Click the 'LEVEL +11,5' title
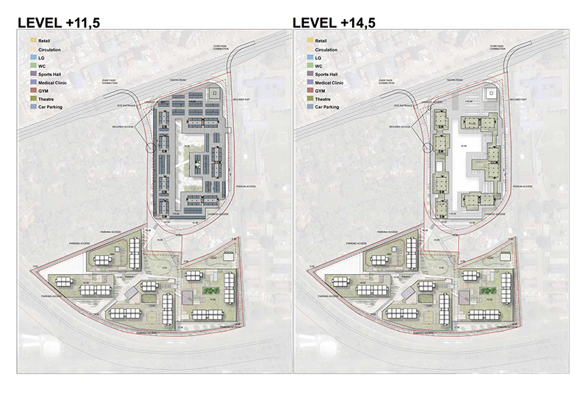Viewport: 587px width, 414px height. click(x=58, y=23)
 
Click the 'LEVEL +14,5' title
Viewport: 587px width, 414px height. click(x=335, y=23)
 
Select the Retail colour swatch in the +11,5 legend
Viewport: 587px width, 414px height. click(x=32, y=40)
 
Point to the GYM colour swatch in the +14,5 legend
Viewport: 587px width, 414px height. click(x=308, y=91)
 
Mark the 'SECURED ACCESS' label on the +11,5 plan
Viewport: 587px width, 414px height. click(x=123, y=127)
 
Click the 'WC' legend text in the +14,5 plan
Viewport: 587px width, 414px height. click(x=320, y=66)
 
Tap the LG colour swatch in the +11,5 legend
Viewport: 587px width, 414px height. click(x=32, y=57)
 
